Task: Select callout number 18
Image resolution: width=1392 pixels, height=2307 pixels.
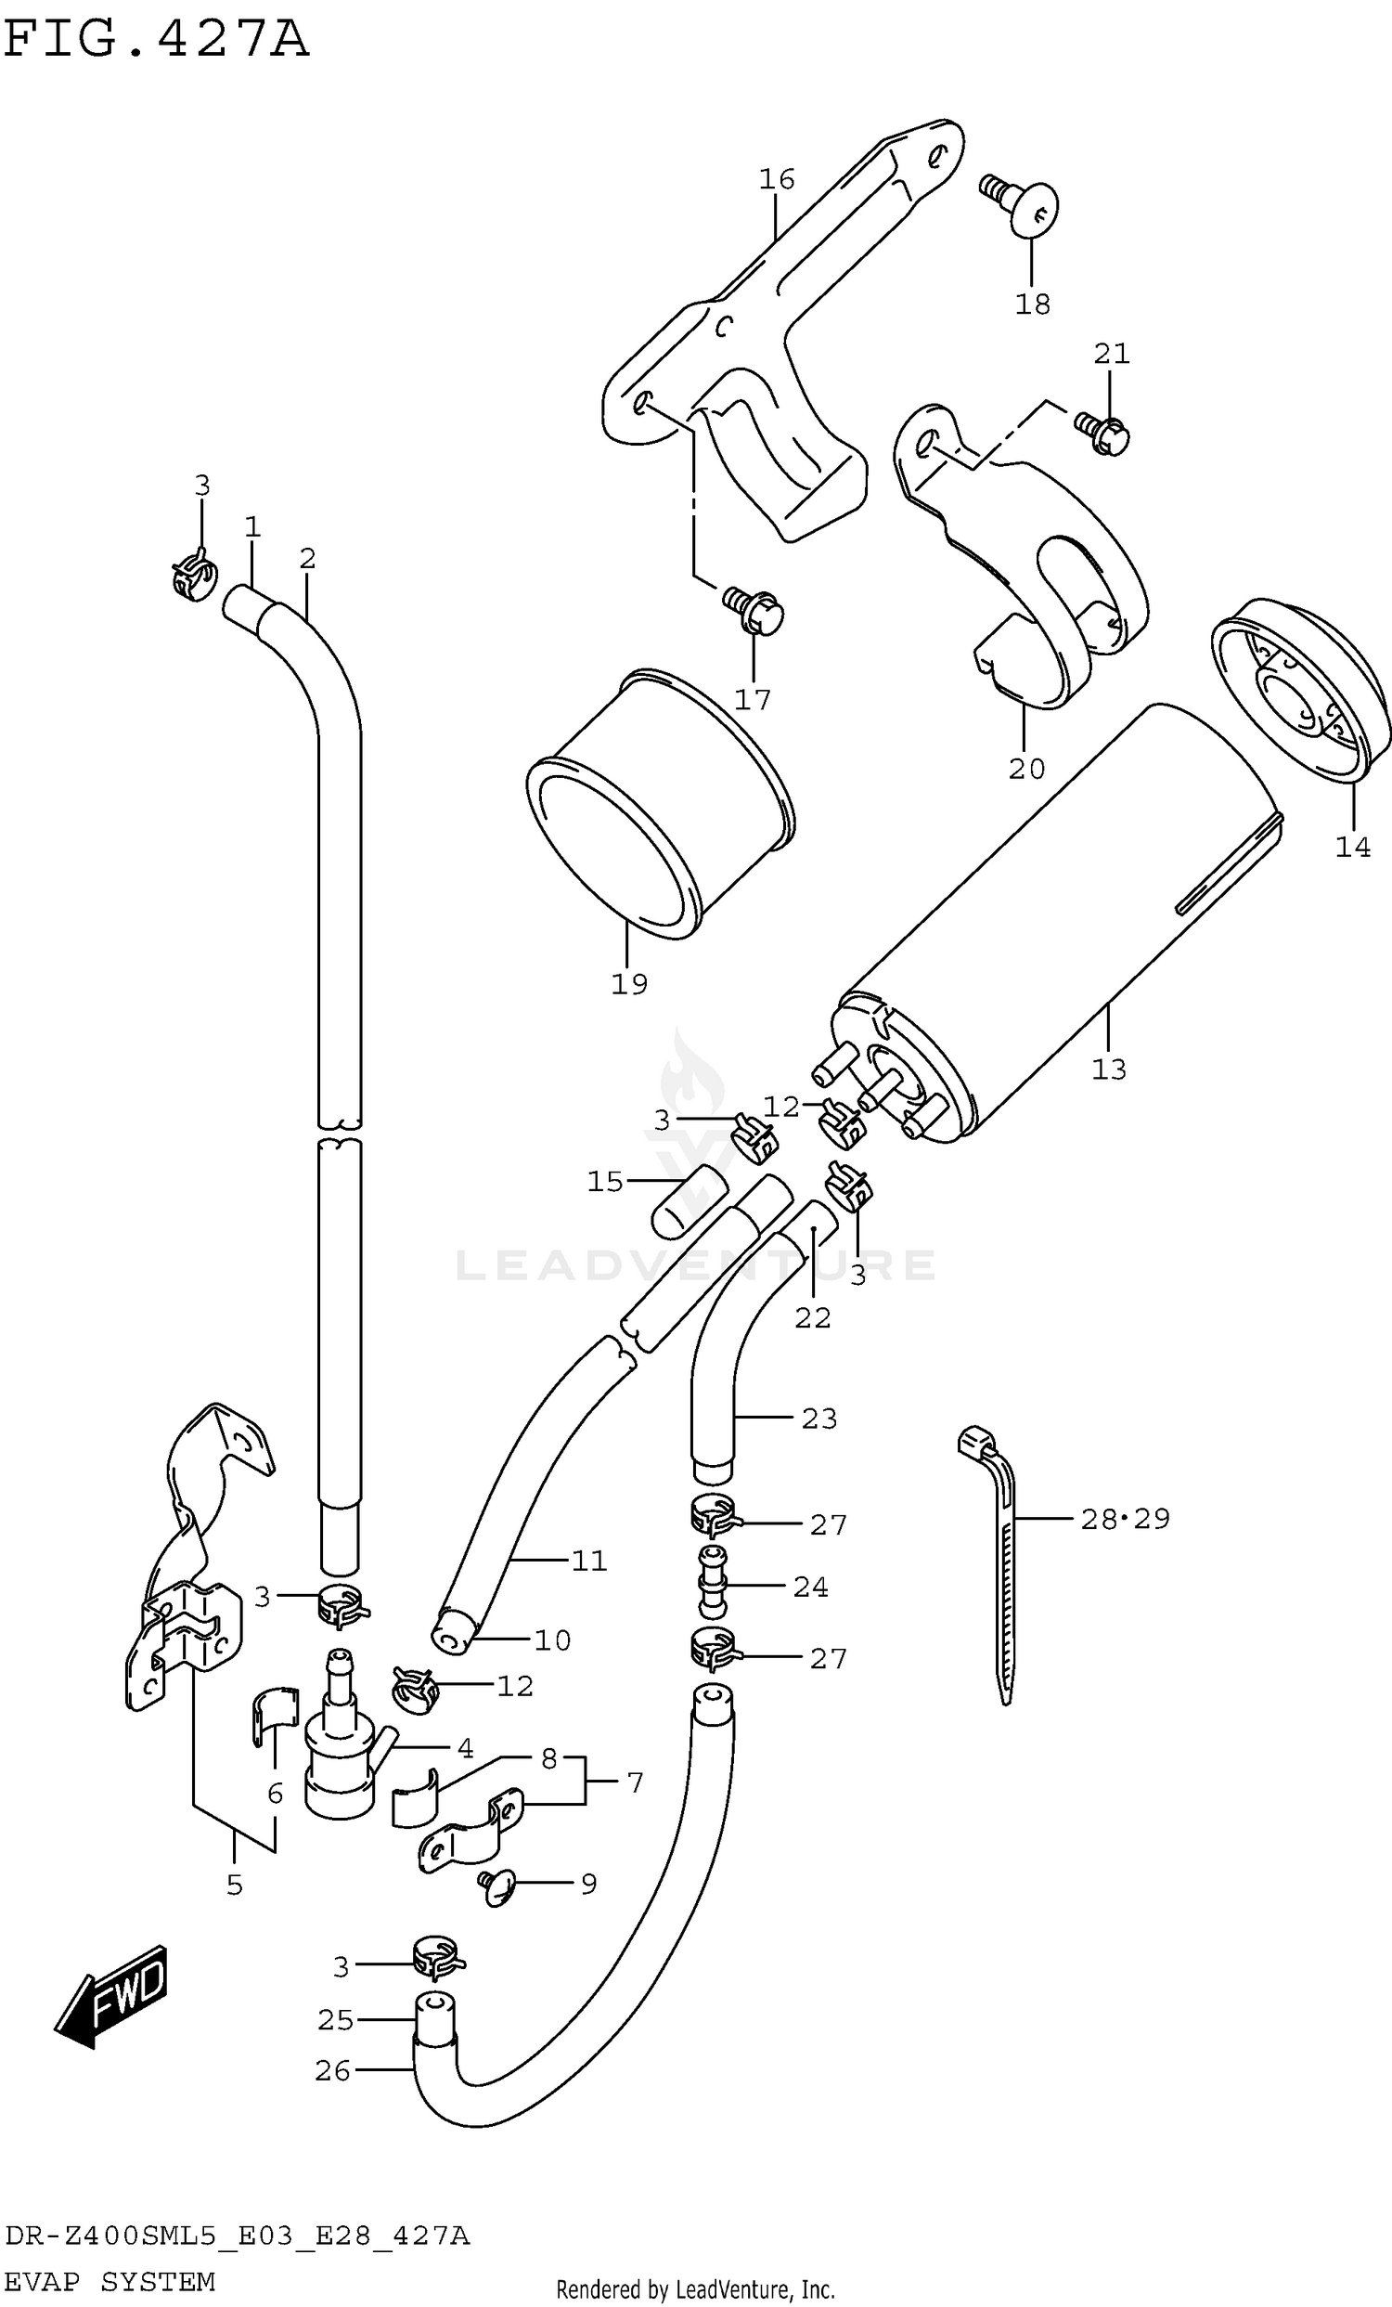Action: pos(1033,305)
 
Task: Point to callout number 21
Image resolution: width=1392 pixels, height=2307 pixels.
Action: pos(1111,354)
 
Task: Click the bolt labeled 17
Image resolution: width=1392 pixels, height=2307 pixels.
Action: pos(754,610)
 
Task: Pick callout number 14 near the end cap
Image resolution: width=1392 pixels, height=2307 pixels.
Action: pos(1353,848)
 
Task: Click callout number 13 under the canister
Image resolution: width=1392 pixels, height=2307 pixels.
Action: pos(1109,1069)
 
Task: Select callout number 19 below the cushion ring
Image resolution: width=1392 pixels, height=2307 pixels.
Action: pos(629,984)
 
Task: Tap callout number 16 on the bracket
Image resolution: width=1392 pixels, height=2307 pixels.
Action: pos(777,179)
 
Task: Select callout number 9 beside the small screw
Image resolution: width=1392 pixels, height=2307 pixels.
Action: pos(587,1884)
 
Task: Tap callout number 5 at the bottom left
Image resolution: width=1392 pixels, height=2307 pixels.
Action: pos(234,1885)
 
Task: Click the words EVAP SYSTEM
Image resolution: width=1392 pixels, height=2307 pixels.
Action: pos(110,2282)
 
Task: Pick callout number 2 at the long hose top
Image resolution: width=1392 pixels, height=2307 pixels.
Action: pos(308,559)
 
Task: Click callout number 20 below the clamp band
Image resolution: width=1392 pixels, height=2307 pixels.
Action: pos(1026,769)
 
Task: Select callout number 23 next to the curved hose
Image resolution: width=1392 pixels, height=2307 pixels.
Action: pos(818,1419)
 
